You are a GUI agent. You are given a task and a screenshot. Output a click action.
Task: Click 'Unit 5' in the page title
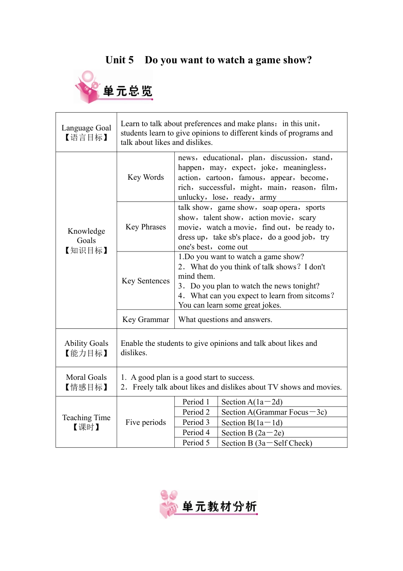click(x=119, y=60)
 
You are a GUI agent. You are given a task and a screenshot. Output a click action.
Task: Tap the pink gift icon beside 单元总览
click(x=88, y=88)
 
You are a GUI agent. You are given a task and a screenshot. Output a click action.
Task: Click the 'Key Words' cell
click(x=146, y=177)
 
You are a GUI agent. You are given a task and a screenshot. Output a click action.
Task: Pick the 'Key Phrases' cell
click(x=146, y=227)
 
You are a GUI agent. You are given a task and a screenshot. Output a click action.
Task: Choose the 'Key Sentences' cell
click(x=146, y=281)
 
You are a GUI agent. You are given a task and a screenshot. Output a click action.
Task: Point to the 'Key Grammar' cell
click(x=146, y=319)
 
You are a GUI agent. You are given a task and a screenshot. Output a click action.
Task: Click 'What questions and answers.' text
click(x=225, y=319)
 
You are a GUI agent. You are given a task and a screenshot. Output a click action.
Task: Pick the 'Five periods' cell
click(x=146, y=422)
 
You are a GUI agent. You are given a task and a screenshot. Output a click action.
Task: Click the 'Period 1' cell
click(x=196, y=402)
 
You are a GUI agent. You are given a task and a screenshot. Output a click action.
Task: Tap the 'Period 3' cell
click(x=196, y=422)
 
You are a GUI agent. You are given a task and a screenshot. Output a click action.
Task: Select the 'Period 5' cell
click(x=196, y=443)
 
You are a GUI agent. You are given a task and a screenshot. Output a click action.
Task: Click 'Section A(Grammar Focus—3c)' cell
click(x=274, y=412)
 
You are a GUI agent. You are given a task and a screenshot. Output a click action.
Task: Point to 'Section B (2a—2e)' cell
click(x=252, y=433)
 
